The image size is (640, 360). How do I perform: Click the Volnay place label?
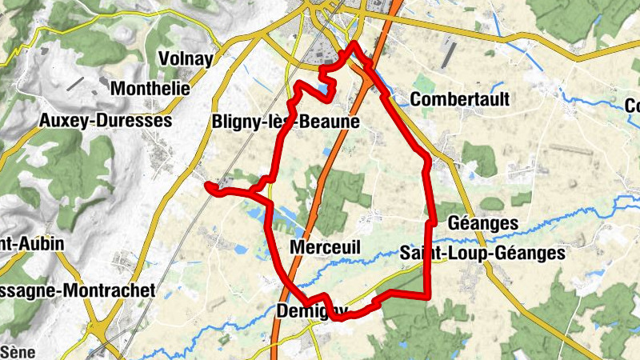point(186,58)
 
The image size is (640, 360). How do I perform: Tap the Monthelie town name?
point(151,89)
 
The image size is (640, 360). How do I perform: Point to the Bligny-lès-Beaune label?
point(286,122)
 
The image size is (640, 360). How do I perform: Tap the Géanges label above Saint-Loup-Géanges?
point(483,222)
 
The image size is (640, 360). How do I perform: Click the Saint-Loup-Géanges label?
point(482,253)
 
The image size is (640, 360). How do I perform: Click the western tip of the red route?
point(208,186)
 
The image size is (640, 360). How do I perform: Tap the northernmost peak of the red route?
point(352,43)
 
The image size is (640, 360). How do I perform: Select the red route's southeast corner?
point(429,298)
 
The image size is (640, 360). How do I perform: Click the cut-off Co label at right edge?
point(632,106)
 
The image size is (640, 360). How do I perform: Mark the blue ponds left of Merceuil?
point(260,214)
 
